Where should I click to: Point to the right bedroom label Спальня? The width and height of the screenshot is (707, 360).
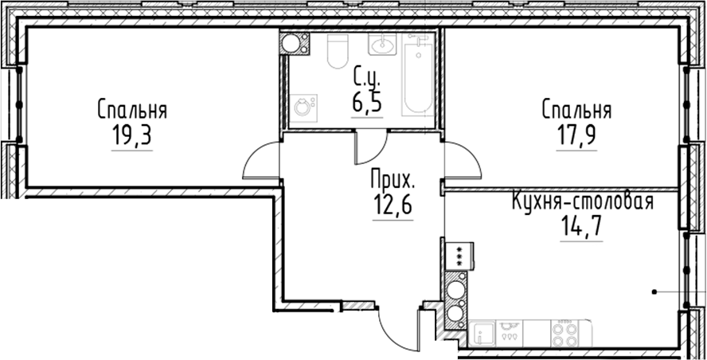[x=576, y=108]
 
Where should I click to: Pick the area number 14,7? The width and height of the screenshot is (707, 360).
[x=580, y=228]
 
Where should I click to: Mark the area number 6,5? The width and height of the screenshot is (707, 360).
[x=367, y=102]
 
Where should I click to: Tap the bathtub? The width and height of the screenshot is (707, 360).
[x=416, y=79]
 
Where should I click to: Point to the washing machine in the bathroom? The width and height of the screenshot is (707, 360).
[x=303, y=106]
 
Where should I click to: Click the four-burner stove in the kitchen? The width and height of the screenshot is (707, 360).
[x=565, y=330]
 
